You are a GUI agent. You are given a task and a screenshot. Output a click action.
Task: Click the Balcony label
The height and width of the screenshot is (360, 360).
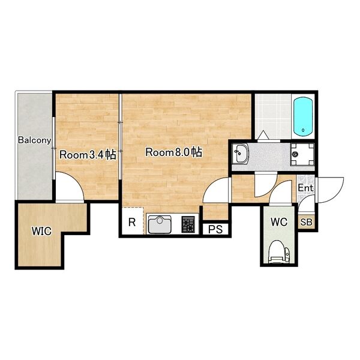(35, 140)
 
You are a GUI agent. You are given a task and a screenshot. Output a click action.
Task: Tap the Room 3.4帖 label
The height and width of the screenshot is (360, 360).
(88, 155)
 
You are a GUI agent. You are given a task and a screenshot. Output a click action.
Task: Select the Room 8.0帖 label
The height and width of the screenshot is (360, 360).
(174, 152)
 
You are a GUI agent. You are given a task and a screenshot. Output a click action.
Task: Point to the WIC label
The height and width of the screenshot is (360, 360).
(41, 231)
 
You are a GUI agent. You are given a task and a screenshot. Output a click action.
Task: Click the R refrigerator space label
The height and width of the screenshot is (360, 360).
(132, 222)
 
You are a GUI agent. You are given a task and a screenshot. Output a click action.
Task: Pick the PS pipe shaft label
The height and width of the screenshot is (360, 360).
(215, 229)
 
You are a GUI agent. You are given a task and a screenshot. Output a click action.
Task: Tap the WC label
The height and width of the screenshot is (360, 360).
(279, 222)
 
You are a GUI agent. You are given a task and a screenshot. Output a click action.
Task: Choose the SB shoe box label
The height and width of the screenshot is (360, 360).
(306, 222)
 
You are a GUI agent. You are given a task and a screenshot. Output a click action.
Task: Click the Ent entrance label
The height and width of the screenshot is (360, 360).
(305, 188)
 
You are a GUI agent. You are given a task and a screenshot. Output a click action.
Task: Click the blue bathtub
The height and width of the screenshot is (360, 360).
(304, 117)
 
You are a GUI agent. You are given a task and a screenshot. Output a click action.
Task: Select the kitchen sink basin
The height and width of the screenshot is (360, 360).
(160, 224)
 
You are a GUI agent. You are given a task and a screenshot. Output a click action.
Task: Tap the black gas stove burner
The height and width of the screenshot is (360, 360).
(188, 224)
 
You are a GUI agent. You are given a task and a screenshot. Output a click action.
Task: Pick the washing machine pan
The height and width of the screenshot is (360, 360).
(302, 154)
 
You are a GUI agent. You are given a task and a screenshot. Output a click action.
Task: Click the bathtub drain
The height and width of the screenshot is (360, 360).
(304, 130)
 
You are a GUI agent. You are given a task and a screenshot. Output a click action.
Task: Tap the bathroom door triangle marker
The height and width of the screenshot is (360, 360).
(263, 135)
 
